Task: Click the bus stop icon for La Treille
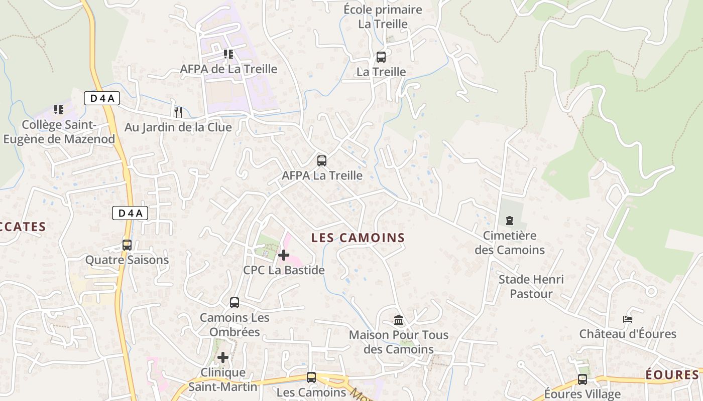(381, 57)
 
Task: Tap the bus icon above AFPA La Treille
(322, 161)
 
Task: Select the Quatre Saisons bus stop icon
(127, 245)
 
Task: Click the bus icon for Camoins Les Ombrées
(235, 303)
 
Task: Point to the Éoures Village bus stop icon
(582, 379)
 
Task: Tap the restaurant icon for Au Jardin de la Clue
(178, 112)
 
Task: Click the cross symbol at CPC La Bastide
(284, 255)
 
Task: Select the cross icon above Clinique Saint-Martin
(223, 357)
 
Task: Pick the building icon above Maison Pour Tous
(399, 320)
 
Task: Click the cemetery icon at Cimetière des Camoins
(510, 220)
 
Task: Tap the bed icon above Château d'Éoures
(627, 319)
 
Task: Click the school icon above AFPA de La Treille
(228, 54)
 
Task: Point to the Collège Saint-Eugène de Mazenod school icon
(59, 109)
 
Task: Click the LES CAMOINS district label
(358, 238)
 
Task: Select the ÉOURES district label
(672, 375)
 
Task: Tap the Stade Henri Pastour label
(531, 286)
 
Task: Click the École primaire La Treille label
(383, 17)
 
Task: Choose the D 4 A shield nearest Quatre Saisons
(130, 213)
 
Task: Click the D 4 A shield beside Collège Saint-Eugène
(101, 98)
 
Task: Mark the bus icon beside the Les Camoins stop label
(311, 377)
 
